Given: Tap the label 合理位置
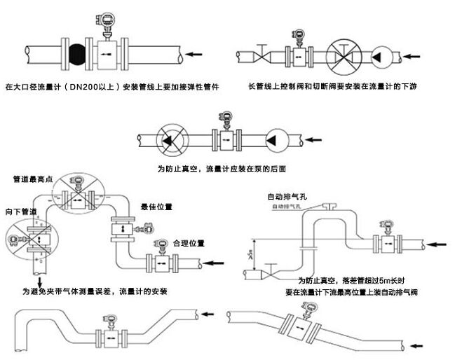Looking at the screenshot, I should click(187, 243).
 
